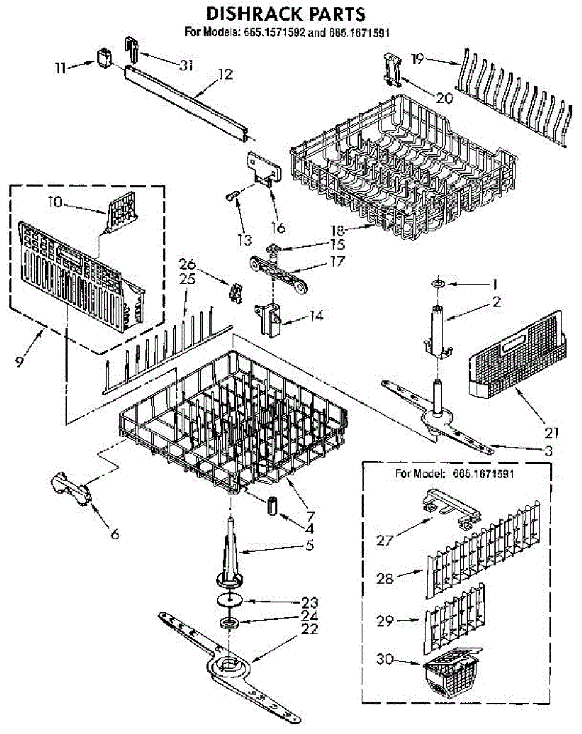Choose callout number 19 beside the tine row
click(418, 59)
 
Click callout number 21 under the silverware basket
click(552, 433)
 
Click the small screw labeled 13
click(231, 195)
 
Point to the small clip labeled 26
click(235, 292)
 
